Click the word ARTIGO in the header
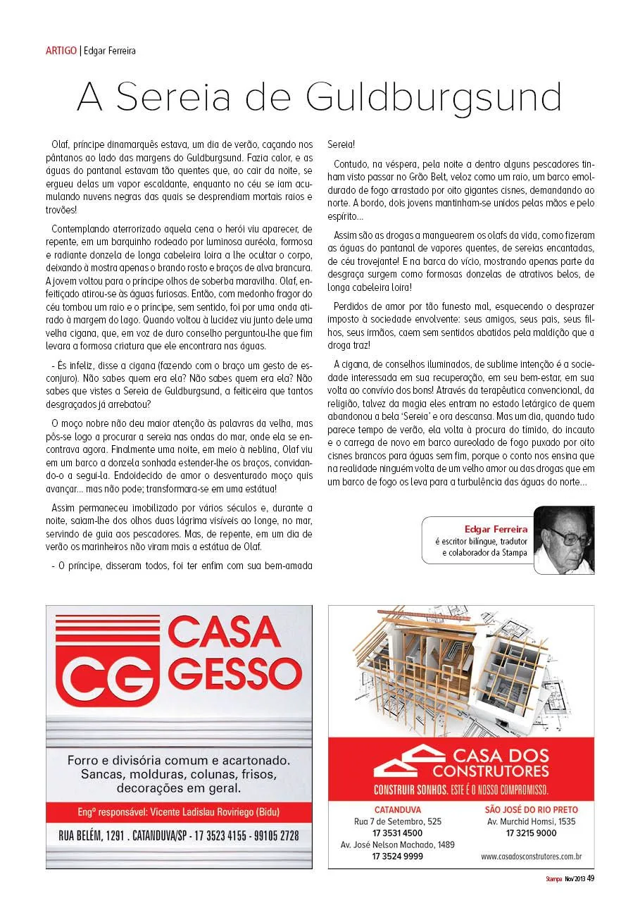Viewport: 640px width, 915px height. tap(61, 51)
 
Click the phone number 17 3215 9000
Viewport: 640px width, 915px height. tap(531, 833)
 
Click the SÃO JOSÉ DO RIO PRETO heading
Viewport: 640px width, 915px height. tap(531, 809)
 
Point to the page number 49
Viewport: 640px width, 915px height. tap(591, 878)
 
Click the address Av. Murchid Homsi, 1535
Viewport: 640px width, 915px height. tap(531, 821)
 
